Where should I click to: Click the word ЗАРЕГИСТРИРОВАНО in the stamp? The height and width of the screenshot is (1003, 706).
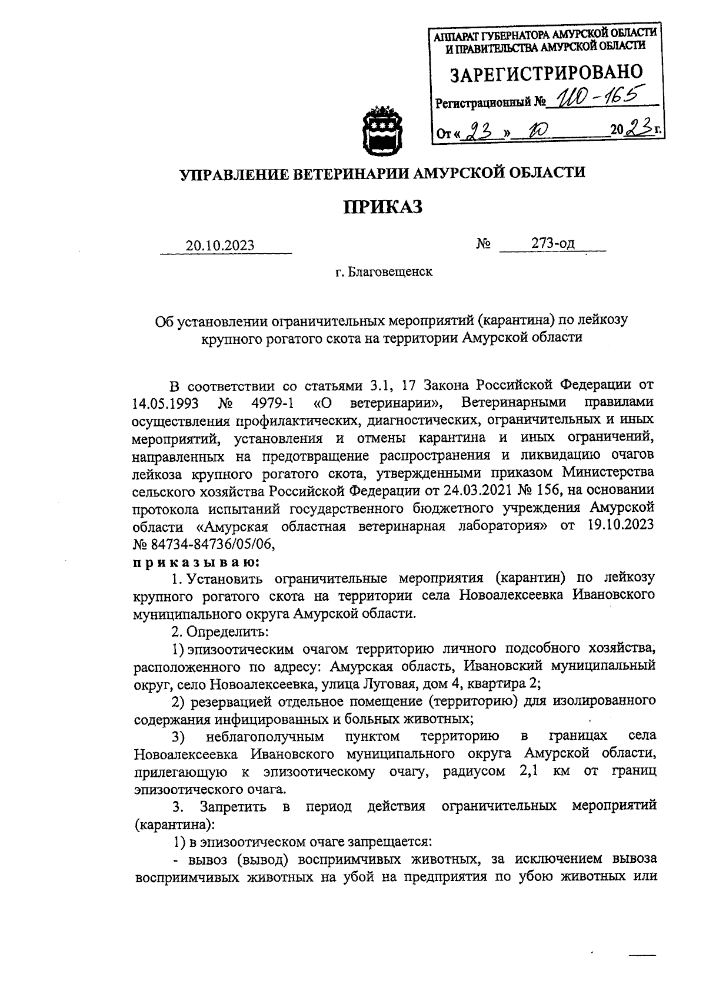546,75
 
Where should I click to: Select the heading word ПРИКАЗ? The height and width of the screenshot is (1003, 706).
383,206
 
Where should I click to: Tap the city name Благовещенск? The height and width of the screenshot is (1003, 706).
390,273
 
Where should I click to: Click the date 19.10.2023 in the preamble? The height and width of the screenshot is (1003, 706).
621,526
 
